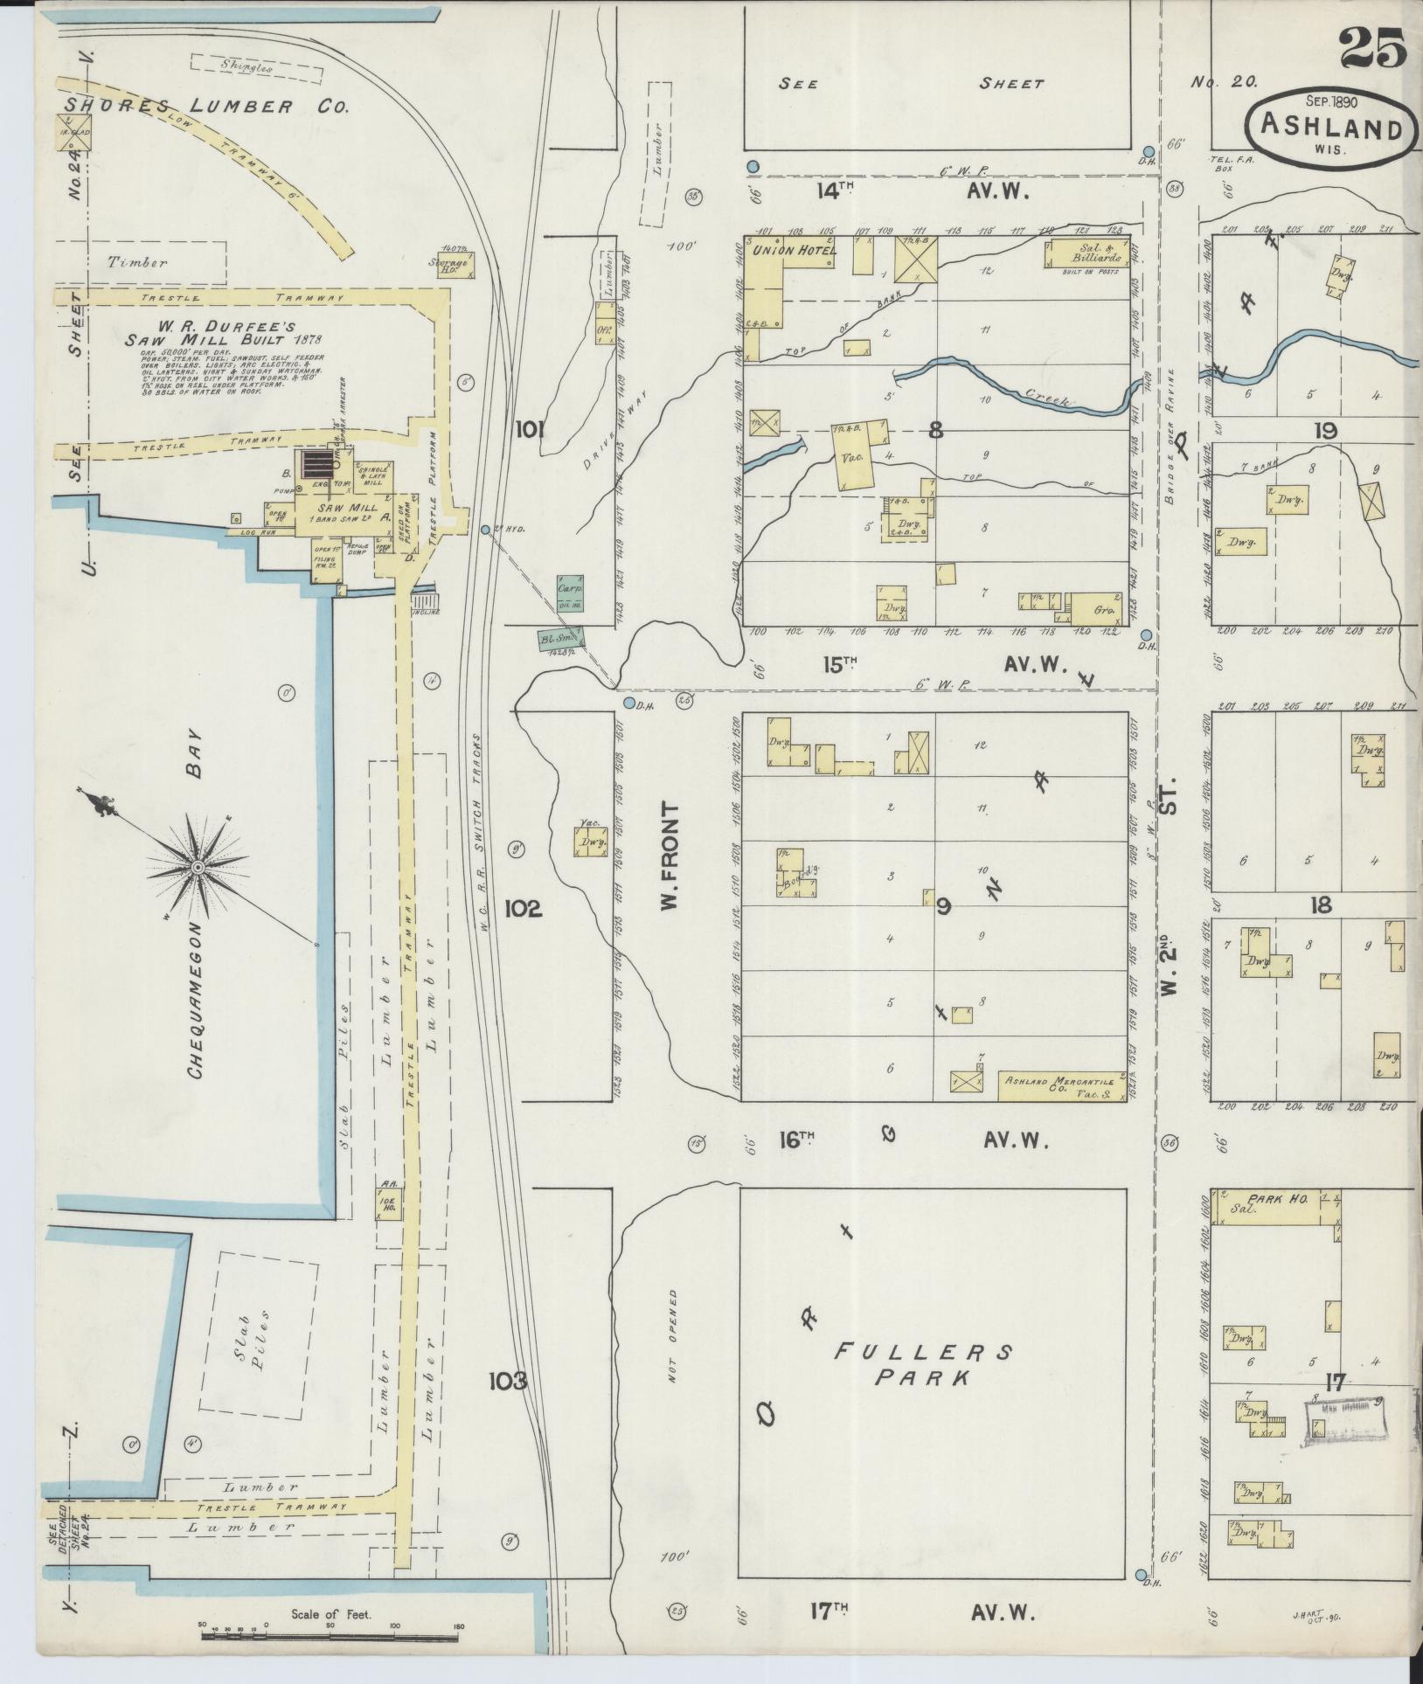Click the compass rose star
198,866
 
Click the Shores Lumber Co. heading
206,107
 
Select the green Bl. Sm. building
560,640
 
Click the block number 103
509,1381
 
